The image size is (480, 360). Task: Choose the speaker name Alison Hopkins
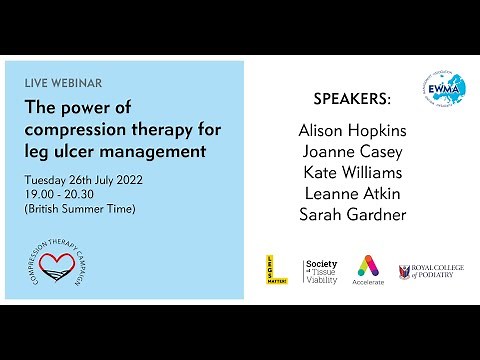tap(352, 132)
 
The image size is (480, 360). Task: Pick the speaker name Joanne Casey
tap(352, 153)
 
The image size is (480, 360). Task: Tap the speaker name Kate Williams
tap(352, 173)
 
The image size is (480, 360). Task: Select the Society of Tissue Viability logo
tap(320, 271)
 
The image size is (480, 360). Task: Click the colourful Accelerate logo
tap(368, 270)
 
